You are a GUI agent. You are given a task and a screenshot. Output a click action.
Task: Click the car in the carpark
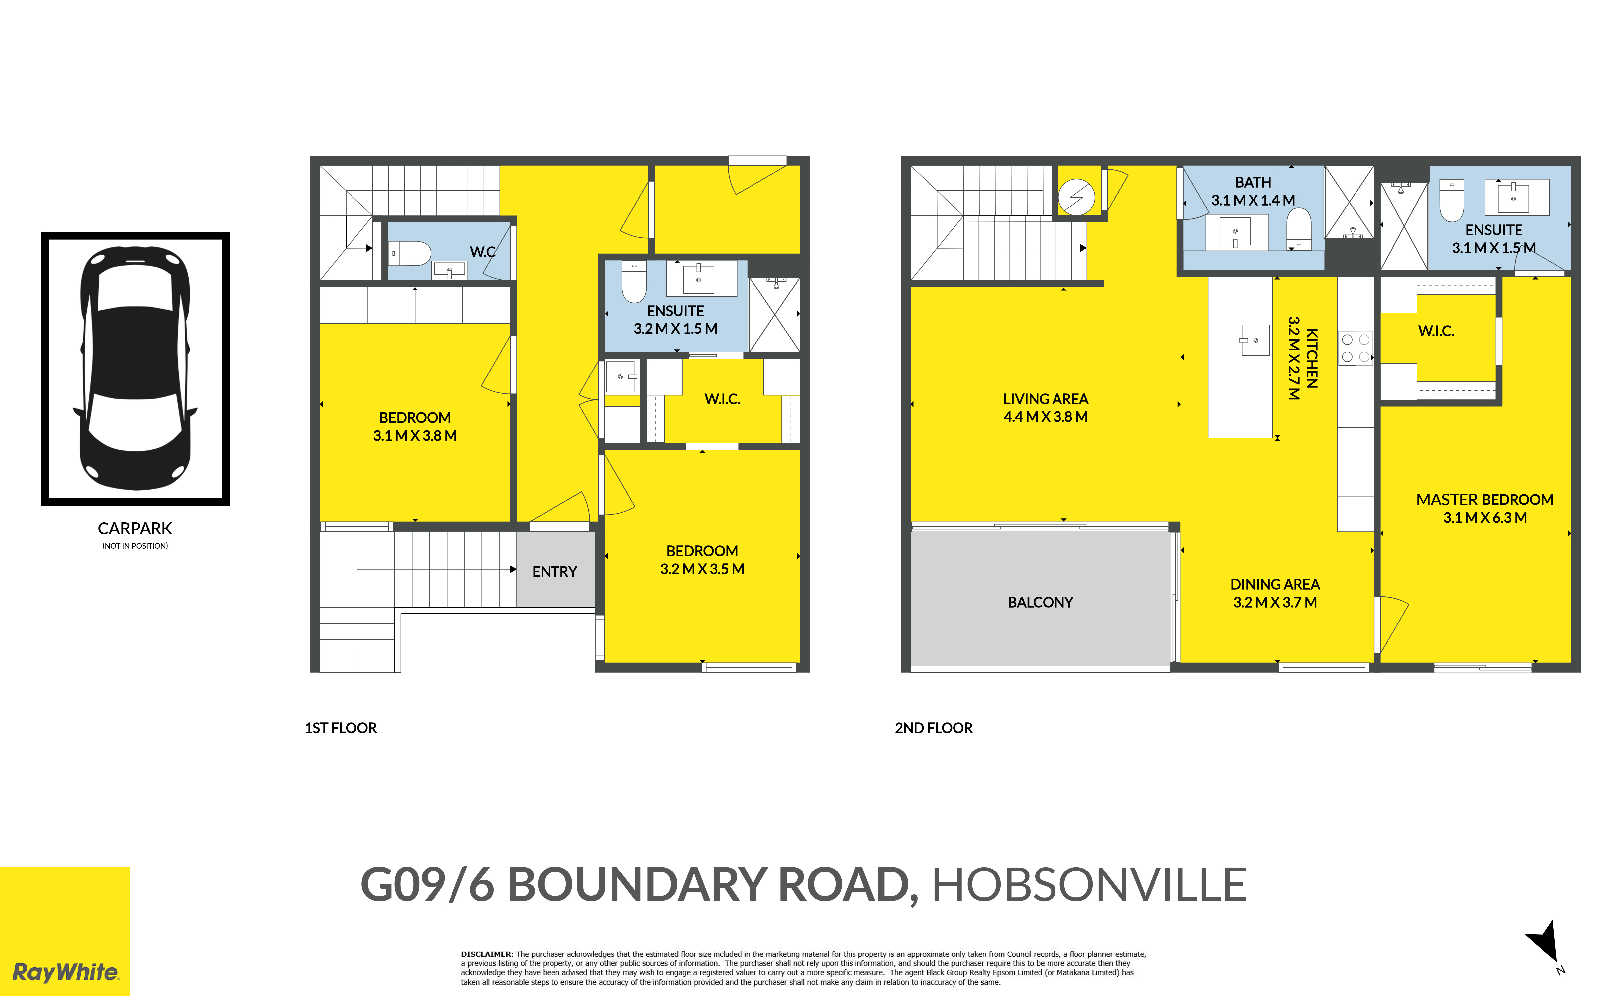(x=135, y=369)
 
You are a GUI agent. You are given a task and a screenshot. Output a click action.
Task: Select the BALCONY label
(x=1040, y=602)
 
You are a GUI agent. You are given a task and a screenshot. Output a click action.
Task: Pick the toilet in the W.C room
(x=410, y=253)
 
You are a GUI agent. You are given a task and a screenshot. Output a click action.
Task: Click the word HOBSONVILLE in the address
(x=1088, y=885)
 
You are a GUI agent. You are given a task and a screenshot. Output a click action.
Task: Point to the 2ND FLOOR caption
(x=933, y=728)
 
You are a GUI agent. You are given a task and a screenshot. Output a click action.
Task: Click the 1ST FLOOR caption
(x=341, y=728)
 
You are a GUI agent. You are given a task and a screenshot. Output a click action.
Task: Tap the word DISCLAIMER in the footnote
(x=486, y=954)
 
